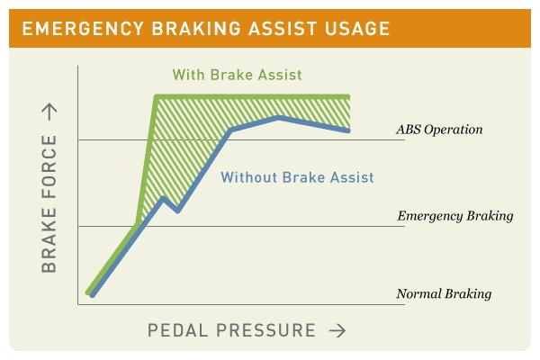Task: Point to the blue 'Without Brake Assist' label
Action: tap(297, 177)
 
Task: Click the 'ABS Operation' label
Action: tap(439, 130)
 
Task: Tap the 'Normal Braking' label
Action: tap(444, 294)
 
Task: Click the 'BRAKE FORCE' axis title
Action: tap(49, 204)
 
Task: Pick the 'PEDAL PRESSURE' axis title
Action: tap(231, 330)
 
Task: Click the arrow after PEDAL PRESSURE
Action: tap(337, 330)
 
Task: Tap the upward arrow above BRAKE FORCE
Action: tap(49, 111)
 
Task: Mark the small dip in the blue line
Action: tap(178, 211)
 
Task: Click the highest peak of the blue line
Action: tap(279, 117)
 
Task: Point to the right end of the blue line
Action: tap(347, 131)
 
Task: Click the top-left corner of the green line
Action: tap(157, 96)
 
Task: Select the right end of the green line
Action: tap(347, 96)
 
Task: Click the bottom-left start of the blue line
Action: tap(92, 293)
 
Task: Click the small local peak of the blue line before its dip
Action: tap(163, 197)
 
